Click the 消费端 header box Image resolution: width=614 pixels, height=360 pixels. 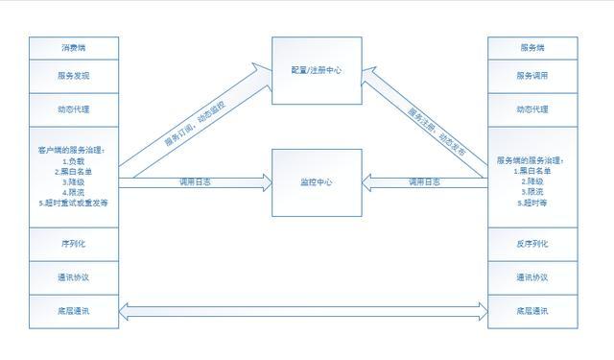(75, 47)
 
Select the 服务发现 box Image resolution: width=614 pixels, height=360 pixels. (75, 75)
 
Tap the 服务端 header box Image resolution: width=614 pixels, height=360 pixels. (532, 47)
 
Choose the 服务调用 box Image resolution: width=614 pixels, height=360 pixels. (532, 75)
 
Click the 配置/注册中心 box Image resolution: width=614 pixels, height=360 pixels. (317, 70)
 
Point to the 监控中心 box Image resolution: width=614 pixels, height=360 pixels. (317, 180)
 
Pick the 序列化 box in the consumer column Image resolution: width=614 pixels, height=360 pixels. (75, 244)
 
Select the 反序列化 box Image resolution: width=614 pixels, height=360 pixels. (532, 244)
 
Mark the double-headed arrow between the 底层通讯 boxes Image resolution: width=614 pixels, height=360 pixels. (303, 310)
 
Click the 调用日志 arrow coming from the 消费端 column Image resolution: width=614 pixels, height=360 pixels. (197, 181)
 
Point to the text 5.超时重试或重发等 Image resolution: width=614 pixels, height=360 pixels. (75, 204)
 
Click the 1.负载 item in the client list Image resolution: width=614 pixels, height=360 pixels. (75, 160)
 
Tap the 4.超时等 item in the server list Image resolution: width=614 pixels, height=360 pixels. (532, 203)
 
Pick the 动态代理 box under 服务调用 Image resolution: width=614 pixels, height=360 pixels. (532, 109)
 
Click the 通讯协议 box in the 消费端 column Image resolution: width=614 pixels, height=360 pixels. (75, 277)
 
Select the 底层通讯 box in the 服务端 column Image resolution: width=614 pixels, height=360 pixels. (532, 311)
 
